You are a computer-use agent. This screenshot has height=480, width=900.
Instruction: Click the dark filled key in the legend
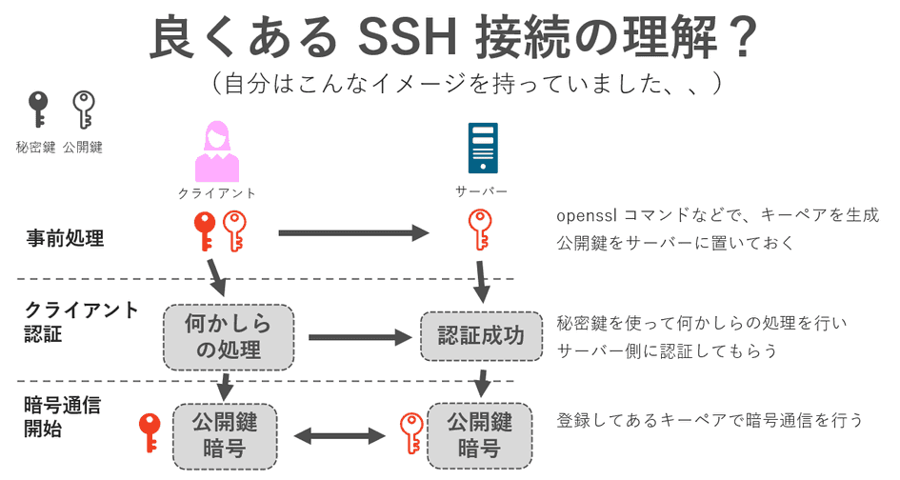(x=37, y=110)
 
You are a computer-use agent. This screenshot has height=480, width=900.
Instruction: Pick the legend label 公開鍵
(x=83, y=148)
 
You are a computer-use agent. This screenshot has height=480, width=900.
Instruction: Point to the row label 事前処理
(x=65, y=238)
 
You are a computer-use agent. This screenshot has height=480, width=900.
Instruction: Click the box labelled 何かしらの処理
(x=228, y=337)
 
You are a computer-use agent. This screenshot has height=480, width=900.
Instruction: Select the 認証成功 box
(x=480, y=336)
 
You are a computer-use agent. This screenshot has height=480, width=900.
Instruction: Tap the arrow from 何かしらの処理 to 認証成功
(x=357, y=336)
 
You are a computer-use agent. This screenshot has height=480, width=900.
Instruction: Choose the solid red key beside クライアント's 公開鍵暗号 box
(x=149, y=432)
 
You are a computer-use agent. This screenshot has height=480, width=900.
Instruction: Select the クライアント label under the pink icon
(x=217, y=192)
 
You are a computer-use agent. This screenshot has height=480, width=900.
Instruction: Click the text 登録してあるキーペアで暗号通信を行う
(x=710, y=420)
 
